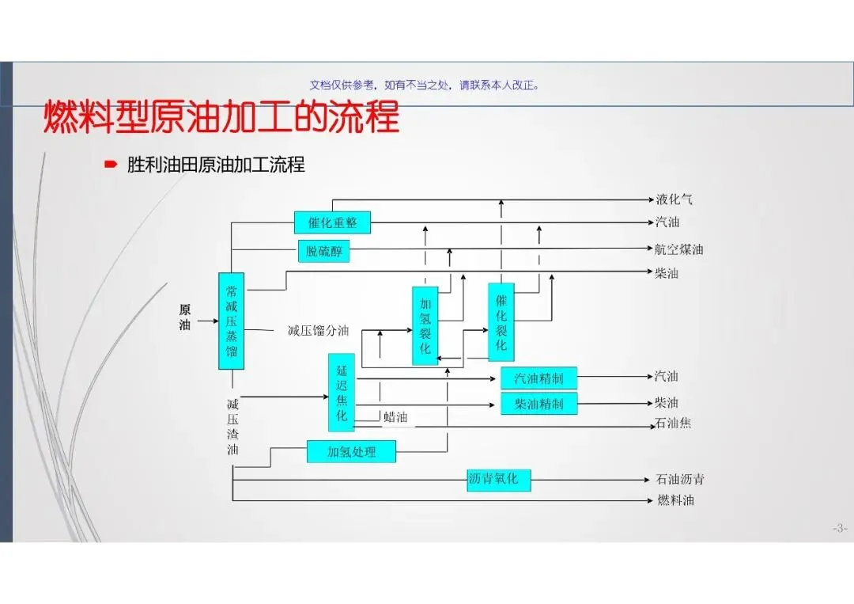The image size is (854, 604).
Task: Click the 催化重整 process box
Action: (332, 222)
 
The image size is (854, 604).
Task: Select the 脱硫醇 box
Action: (323, 253)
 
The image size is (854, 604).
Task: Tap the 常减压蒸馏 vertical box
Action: (231, 321)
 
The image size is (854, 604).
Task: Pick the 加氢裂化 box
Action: (425, 325)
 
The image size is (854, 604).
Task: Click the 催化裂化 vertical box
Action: (501, 321)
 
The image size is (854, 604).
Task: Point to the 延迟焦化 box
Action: (342, 393)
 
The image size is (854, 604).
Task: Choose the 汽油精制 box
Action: (538, 378)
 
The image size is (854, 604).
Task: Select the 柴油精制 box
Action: (538, 404)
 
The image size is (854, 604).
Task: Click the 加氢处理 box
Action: (351, 452)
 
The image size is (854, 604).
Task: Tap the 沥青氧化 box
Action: (498, 479)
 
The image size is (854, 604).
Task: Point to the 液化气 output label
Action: (674, 199)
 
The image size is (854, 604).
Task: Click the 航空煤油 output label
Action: (678, 249)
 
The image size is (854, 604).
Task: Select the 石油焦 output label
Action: (673, 424)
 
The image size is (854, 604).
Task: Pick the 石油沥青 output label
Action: (680, 479)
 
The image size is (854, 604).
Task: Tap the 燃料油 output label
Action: (676, 500)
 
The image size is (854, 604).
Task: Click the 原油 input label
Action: (184, 317)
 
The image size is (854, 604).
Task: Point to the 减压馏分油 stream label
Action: (318, 331)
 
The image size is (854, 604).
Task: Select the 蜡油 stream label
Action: (395, 417)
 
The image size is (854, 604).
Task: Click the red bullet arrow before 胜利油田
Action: (111, 165)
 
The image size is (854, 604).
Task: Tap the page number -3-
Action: (839, 529)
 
